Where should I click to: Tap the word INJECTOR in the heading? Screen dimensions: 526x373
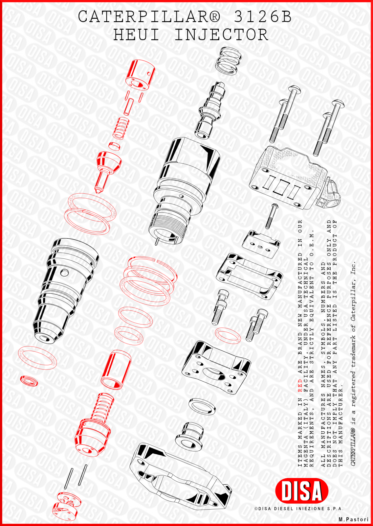point(221,35)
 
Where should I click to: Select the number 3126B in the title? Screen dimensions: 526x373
point(263,17)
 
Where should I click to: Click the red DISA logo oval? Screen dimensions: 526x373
point(301,491)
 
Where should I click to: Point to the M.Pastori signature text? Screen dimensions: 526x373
point(353,519)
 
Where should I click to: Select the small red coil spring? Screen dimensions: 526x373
point(120,129)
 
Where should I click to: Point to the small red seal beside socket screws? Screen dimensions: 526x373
point(228,335)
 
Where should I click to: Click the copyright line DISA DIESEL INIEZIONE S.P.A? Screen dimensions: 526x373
point(299,508)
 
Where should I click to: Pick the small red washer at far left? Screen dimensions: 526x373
point(29,381)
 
